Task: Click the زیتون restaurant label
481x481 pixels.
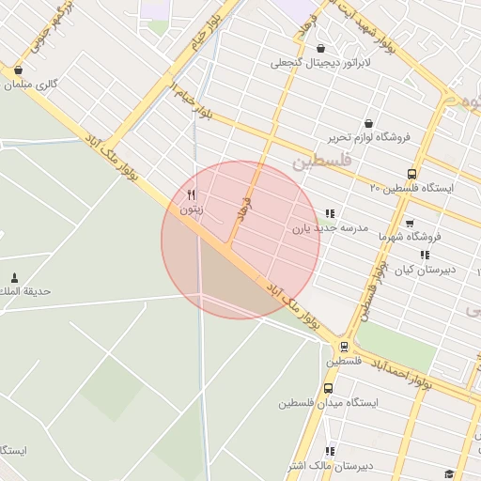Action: point(191,211)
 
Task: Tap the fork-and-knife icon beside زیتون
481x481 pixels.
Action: point(192,195)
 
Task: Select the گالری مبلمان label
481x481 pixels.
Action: point(31,85)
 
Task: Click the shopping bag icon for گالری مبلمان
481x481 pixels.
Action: point(18,70)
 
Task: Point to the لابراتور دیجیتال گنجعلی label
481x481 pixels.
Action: point(321,63)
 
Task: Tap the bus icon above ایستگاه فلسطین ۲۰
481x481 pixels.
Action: point(411,173)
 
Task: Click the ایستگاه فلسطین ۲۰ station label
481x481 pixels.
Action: point(411,188)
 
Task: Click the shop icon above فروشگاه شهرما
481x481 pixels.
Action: point(410,224)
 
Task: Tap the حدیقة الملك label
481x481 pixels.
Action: point(25,291)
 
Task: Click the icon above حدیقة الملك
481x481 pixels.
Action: point(13,277)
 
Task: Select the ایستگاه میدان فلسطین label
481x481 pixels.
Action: point(327,402)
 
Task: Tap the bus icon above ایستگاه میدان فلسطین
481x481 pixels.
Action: point(328,388)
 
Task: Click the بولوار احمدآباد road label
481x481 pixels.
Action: point(400,372)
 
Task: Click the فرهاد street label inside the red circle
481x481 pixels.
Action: point(245,209)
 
